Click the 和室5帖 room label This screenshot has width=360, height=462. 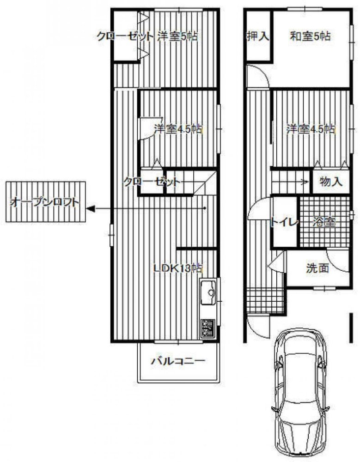coord(310,36)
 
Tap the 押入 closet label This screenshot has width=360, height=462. coord(258,36)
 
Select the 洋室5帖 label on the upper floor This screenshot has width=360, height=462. coord(177,36)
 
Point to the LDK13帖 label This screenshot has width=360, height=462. coord(178,268)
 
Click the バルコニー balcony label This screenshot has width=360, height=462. coord(178,361)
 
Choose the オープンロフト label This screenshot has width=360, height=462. coord(45,202)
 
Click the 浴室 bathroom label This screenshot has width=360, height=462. coord(324,222)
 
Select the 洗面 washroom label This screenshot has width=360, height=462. coord(317,268)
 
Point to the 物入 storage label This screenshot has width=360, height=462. coord(331,182)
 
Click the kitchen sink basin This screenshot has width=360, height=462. coord(208,292)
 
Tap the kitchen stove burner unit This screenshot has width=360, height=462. coord(208,329)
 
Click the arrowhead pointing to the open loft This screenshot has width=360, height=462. coord(91,209)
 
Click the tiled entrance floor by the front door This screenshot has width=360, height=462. coord(266,300)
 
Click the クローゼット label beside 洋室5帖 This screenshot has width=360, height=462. coord(125,36)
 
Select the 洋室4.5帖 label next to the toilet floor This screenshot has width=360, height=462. coord(311,129)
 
